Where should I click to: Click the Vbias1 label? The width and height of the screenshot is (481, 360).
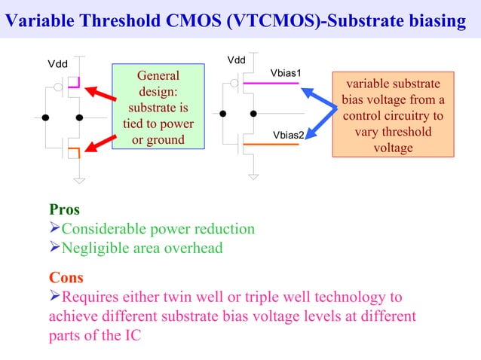286,73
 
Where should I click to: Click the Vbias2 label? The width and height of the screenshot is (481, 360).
288,135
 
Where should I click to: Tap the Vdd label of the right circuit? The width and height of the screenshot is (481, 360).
236,59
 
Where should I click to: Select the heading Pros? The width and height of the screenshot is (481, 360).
64,209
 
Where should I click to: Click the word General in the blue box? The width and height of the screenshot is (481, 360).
158,76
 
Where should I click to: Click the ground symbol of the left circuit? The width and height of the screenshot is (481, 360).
79,179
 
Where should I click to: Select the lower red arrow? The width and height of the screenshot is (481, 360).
100,142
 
